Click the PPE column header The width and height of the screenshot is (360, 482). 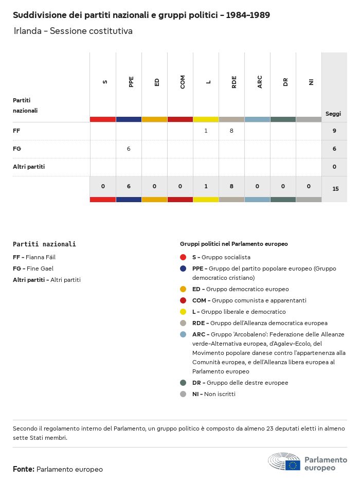pos(131,82)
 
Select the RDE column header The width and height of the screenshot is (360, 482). pos(234,82)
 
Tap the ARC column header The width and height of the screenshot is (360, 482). pos(260,82)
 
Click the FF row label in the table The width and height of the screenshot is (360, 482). pos(16,131)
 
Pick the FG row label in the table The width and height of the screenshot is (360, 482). pos(16,149)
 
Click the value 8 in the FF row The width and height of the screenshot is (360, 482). pos(231,131)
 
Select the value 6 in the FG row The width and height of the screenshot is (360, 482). pos(129,149)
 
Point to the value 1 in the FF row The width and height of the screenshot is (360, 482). pos(206,131)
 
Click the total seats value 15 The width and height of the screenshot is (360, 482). pos(335,189)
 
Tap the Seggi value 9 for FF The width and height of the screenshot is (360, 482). pos(334,131)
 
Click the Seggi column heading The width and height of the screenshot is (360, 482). pos(333,114)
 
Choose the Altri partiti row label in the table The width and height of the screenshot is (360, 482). pos(29,167)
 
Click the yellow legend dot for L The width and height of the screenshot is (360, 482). pos(183,312)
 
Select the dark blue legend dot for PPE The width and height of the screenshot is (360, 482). pos(183,269)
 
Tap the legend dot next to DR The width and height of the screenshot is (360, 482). pos(183,383)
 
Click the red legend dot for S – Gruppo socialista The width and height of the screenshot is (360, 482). pos(183,257)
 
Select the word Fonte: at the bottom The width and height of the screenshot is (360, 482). pos(24,469)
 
